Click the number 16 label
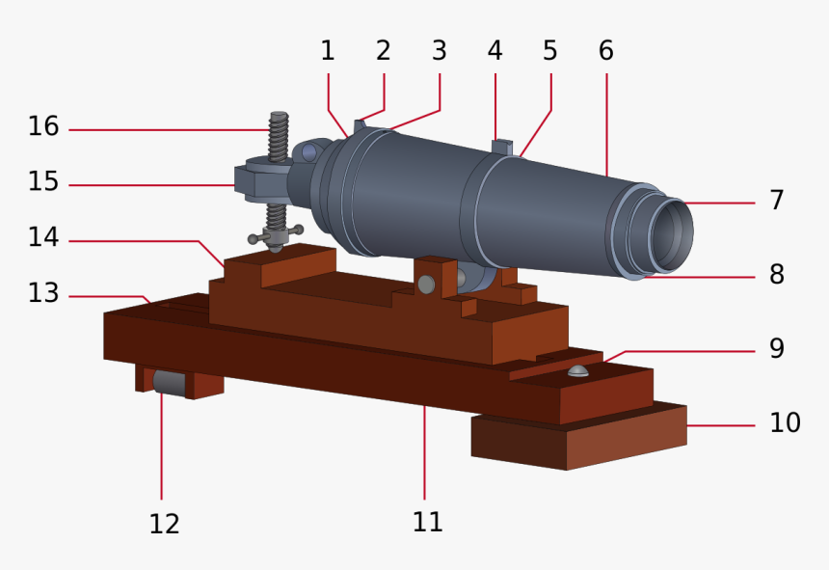(x=43, y=126)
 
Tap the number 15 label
(x=43, y=181)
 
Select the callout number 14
(x=43, y=236)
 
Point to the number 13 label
(x=43, y=292)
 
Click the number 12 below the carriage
(x=164, y=524)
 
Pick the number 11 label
(x=427, y=522)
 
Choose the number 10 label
(x=785, y=422)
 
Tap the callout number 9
(x=776, y=348)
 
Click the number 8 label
(x=776, y=274)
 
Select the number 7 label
(x=776, y=201)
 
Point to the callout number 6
(x=605, y=50)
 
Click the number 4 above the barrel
(x=495, y=50)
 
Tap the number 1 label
(x=328, y=50)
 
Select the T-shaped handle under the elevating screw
(x=276, y=234)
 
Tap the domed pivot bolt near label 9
(x=577, y=371)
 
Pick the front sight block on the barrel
(x=499, y=147)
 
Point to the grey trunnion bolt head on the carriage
(x=425, y=284)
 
